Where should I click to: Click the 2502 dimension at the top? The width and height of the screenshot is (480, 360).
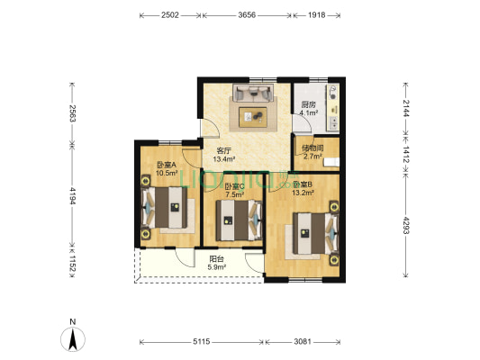(x=170, y=15)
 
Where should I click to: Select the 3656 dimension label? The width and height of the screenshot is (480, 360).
(x=247, y=15)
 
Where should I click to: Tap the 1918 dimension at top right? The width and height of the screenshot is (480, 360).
(x=316, y=15)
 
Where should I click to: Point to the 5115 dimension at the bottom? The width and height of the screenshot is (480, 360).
(x=202, y=342)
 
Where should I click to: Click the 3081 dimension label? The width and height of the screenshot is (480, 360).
(x=303, y=342)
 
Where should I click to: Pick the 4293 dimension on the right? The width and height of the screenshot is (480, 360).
(x=406, y=225)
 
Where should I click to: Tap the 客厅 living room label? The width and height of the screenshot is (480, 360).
(x=223, y=151)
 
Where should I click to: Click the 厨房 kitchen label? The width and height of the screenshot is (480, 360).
(x=308, y=104)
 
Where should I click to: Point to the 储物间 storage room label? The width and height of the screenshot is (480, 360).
(x=312, y=148)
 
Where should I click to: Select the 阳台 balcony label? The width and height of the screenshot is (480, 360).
(x=216, y=259)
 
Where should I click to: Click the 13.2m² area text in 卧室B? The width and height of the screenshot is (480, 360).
(x=303, y=193)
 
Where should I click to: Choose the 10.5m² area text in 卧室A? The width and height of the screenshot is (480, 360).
(x=168, y=173)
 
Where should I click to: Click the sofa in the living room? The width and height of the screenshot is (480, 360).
(x=253, y=93)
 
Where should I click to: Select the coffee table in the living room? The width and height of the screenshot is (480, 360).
(x=253, y=116)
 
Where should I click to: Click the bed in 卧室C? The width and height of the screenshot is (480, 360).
(x=239, y=220)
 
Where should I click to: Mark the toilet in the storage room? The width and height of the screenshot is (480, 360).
(x=332, y=162)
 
